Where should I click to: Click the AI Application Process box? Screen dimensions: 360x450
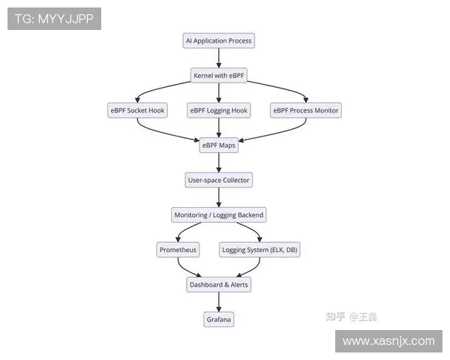click(219, 40)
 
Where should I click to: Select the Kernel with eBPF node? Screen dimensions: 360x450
click(219, 76)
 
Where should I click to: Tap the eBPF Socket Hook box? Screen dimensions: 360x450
click(136, 110)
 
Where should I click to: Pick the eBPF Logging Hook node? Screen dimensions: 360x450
click(218, 110)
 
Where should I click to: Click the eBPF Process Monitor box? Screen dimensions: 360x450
click(306, 110)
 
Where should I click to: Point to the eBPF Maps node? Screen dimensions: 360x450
click(219, 145)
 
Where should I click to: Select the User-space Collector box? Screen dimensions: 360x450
click(218, 180)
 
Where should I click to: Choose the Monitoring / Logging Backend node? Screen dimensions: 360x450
click(219, 215)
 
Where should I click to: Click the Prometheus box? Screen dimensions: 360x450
click(178, 250)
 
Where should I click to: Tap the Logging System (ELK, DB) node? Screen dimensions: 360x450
click(260, 250)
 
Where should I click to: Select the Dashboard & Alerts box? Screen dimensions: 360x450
click(218, 285)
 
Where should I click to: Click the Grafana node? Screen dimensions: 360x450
click(219, 319)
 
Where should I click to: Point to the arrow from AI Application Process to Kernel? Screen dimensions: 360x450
click(219, 58)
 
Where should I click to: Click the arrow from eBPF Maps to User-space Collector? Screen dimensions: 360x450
click(219, 163)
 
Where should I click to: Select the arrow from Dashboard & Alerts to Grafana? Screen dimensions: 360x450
click(219, 302)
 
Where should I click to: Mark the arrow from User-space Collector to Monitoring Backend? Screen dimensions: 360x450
click(219, 197)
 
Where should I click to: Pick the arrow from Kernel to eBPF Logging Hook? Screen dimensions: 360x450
click(219, 93)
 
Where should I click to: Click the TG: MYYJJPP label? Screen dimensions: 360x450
click(54, 19)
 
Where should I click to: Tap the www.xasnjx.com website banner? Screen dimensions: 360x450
click(388, 340)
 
